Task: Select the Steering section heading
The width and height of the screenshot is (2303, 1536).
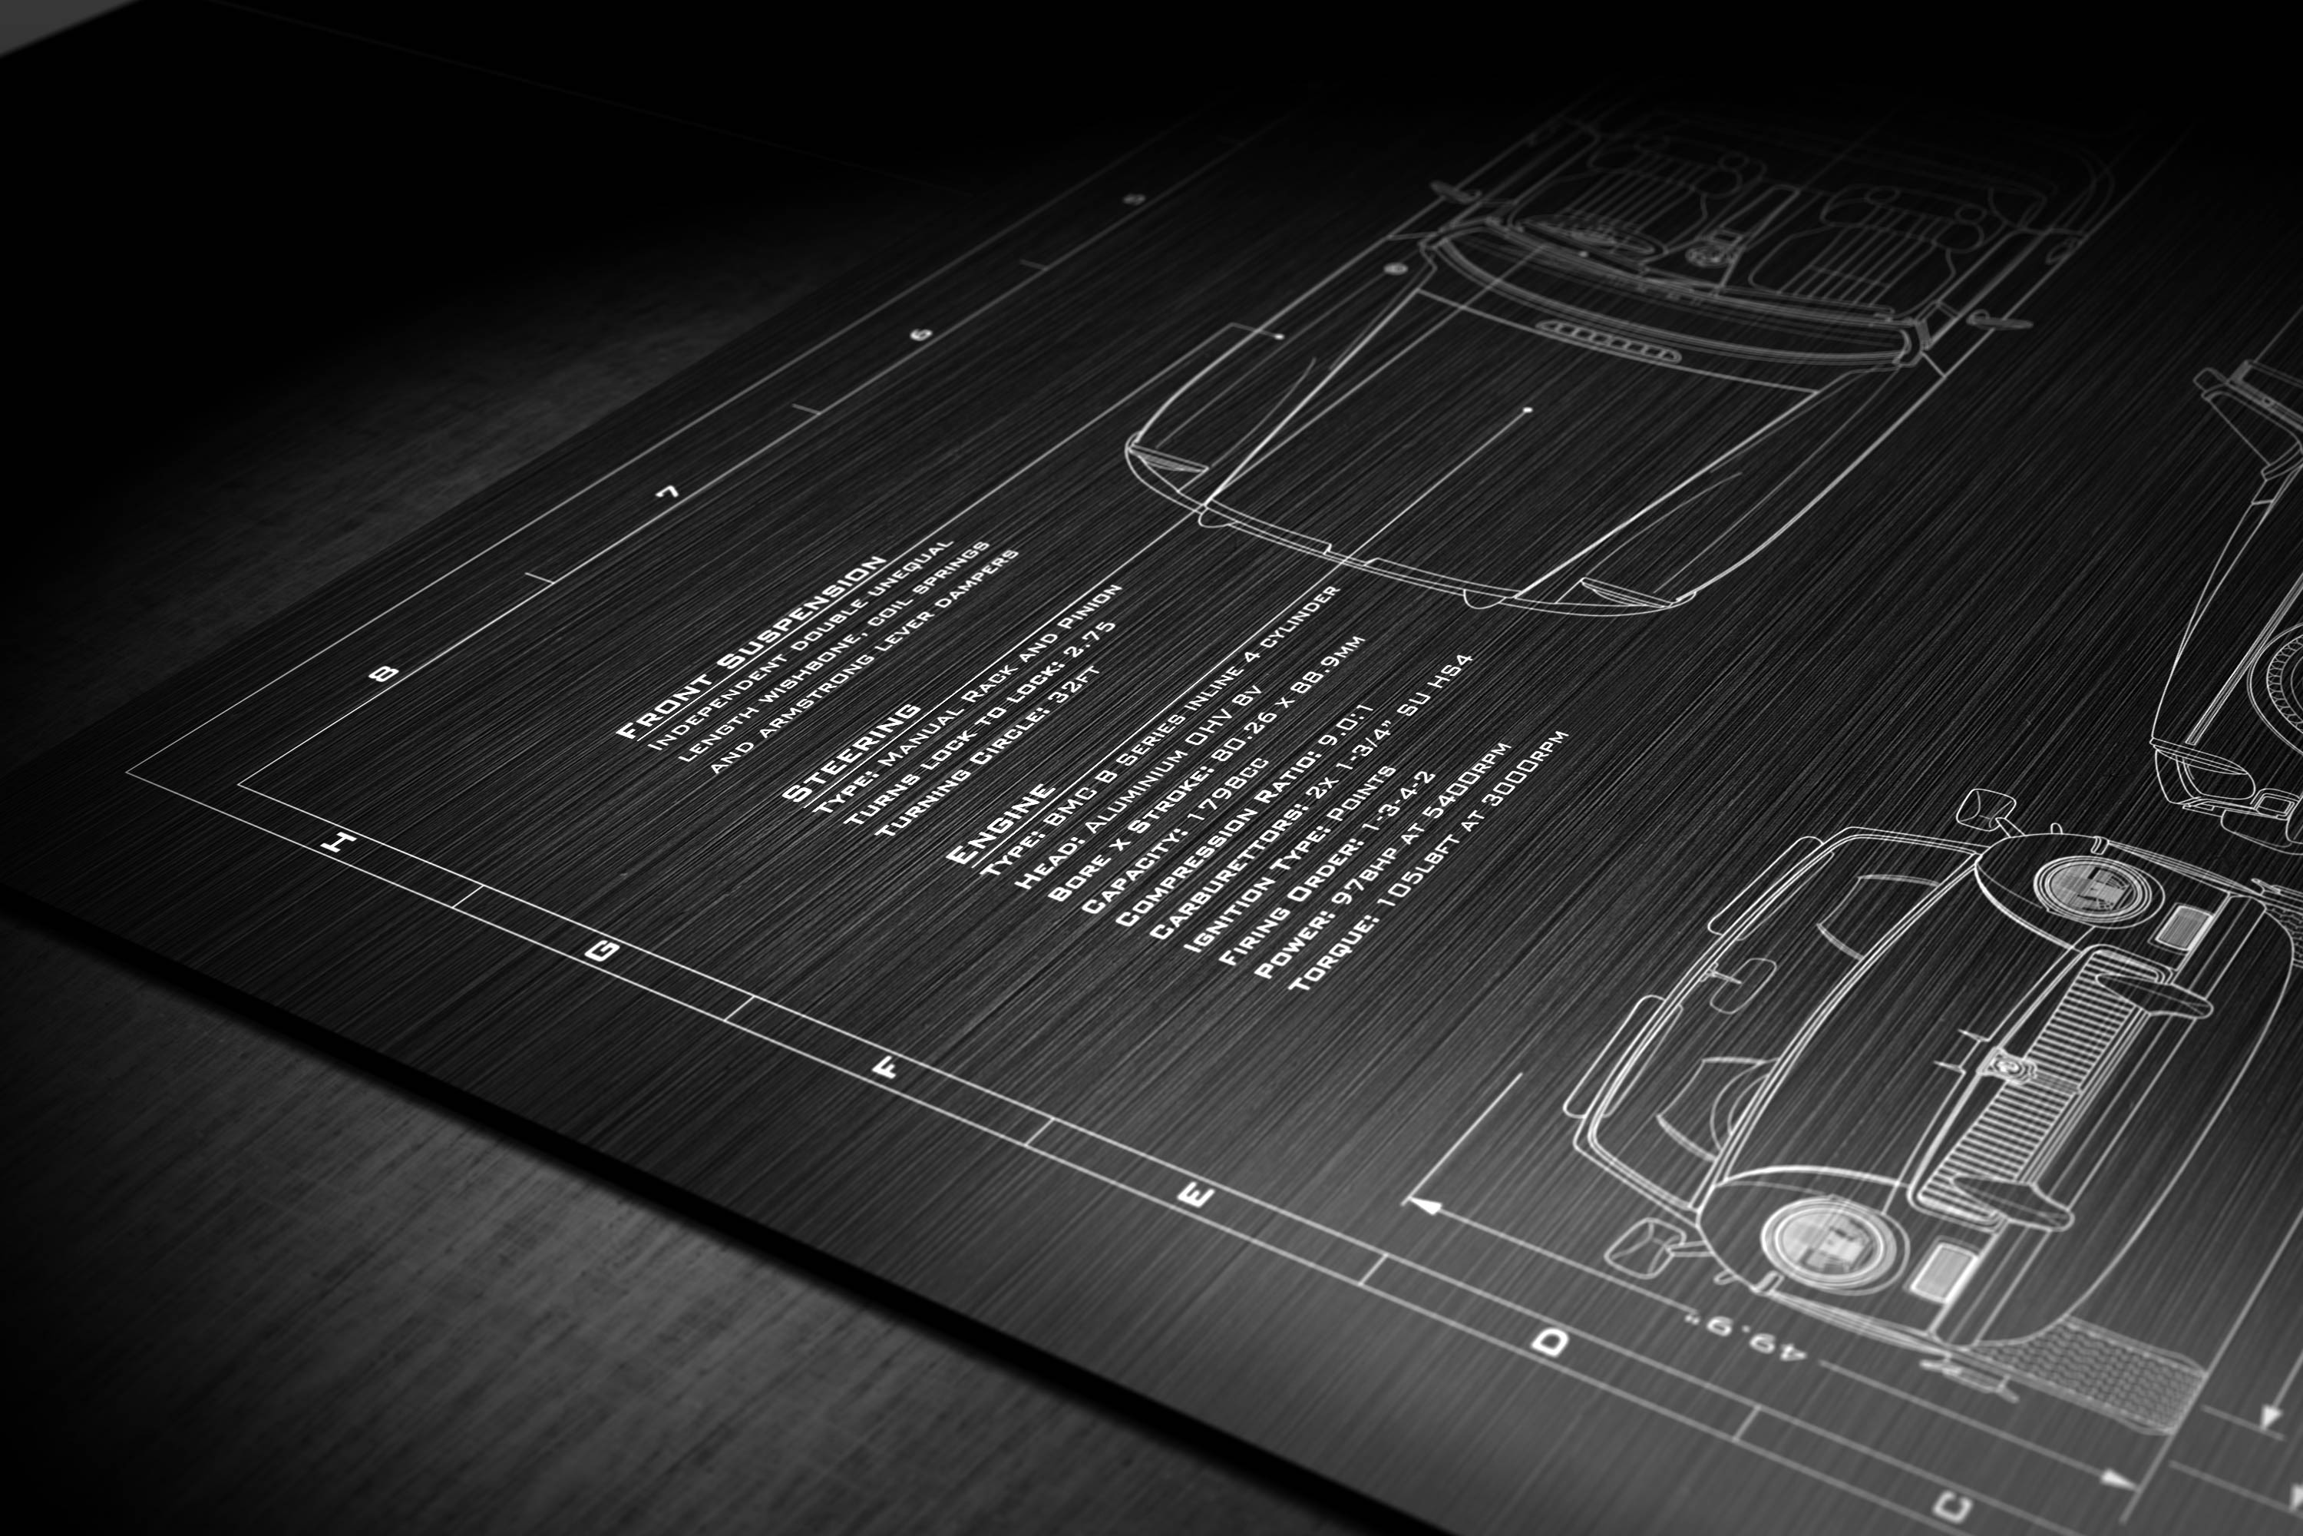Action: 852,751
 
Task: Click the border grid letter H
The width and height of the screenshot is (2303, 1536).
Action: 339,842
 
